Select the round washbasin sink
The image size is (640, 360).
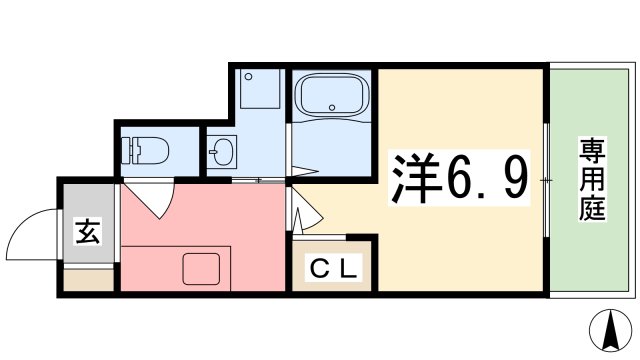click(222, 152)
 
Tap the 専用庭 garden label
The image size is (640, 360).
click(591, 180)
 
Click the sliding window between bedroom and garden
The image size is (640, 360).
click(546, 180)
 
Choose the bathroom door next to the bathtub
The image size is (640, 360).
click(290, 150)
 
